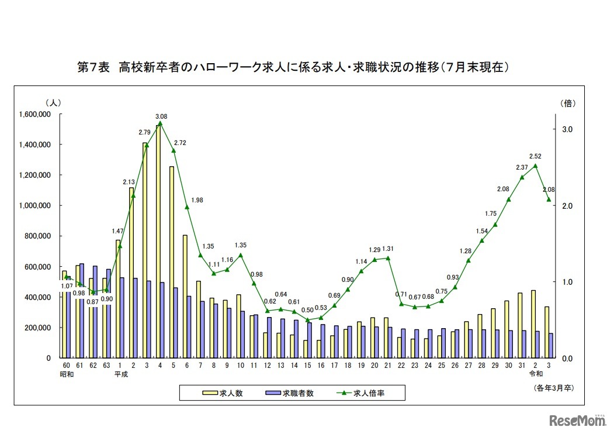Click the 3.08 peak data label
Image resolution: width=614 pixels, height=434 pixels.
coord(161,117)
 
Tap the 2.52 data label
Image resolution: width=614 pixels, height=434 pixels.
coord(535,156)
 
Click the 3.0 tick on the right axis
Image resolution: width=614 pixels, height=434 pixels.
coord(567,129)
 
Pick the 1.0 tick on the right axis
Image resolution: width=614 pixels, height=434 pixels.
coord(567,282)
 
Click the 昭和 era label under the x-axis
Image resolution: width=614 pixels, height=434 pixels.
coord(67,375)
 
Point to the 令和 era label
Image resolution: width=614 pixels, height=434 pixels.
coord(536,375)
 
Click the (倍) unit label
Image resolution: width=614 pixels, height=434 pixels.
coord(568,104)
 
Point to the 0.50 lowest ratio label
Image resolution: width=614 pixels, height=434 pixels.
coord(308,310)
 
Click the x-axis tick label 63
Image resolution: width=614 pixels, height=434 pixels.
coord(107,366)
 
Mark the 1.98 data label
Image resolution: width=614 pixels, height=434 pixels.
coord(196,201)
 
